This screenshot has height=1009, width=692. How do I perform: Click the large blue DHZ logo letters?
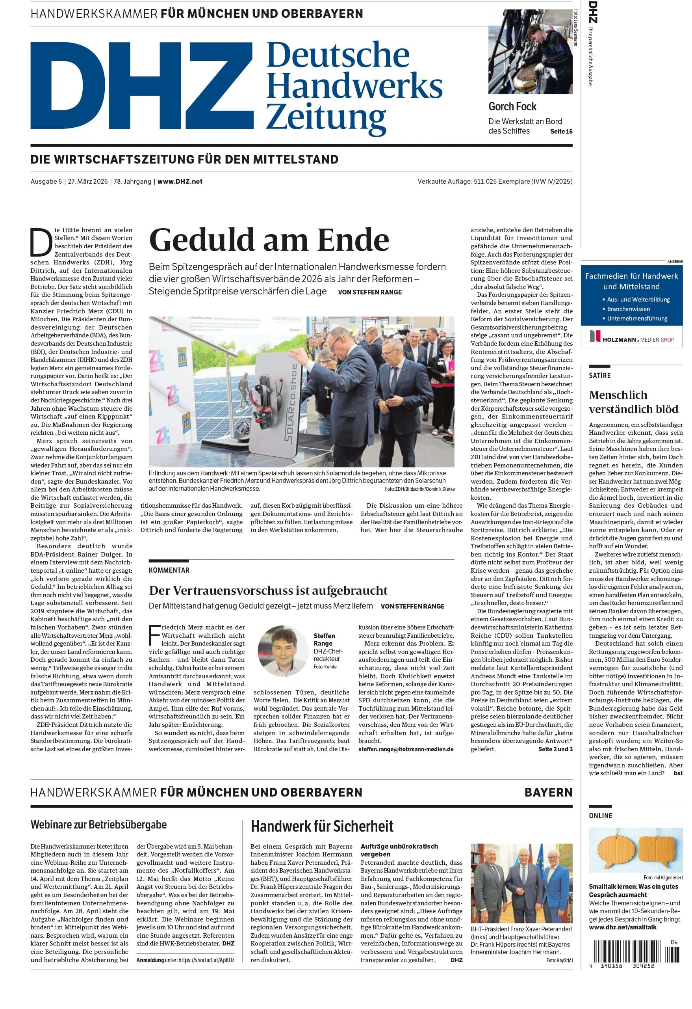(141, 86)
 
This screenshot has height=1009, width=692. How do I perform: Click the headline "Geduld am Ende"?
(269, 240)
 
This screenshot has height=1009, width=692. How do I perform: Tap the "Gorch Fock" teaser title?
(512, 106)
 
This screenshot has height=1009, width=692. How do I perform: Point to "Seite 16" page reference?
(561, 132)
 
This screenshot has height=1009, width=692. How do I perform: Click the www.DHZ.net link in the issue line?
(180, 181)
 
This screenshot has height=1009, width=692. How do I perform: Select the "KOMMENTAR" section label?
(169, 570)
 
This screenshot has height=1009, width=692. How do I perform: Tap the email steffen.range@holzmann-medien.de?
(406, 749)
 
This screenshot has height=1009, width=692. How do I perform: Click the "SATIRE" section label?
(599, 376)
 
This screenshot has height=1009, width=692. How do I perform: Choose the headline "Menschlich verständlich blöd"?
(633, 402)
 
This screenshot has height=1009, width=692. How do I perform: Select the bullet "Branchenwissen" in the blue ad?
(628, 309)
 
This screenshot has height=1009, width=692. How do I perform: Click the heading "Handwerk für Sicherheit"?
(322, 826)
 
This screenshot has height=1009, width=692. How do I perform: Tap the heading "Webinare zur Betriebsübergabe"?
(98, 825)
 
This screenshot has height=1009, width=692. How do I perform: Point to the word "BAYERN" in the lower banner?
(548, 792)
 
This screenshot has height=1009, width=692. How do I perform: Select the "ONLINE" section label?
(601, 816)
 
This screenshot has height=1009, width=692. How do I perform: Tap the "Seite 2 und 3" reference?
(555, 749)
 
